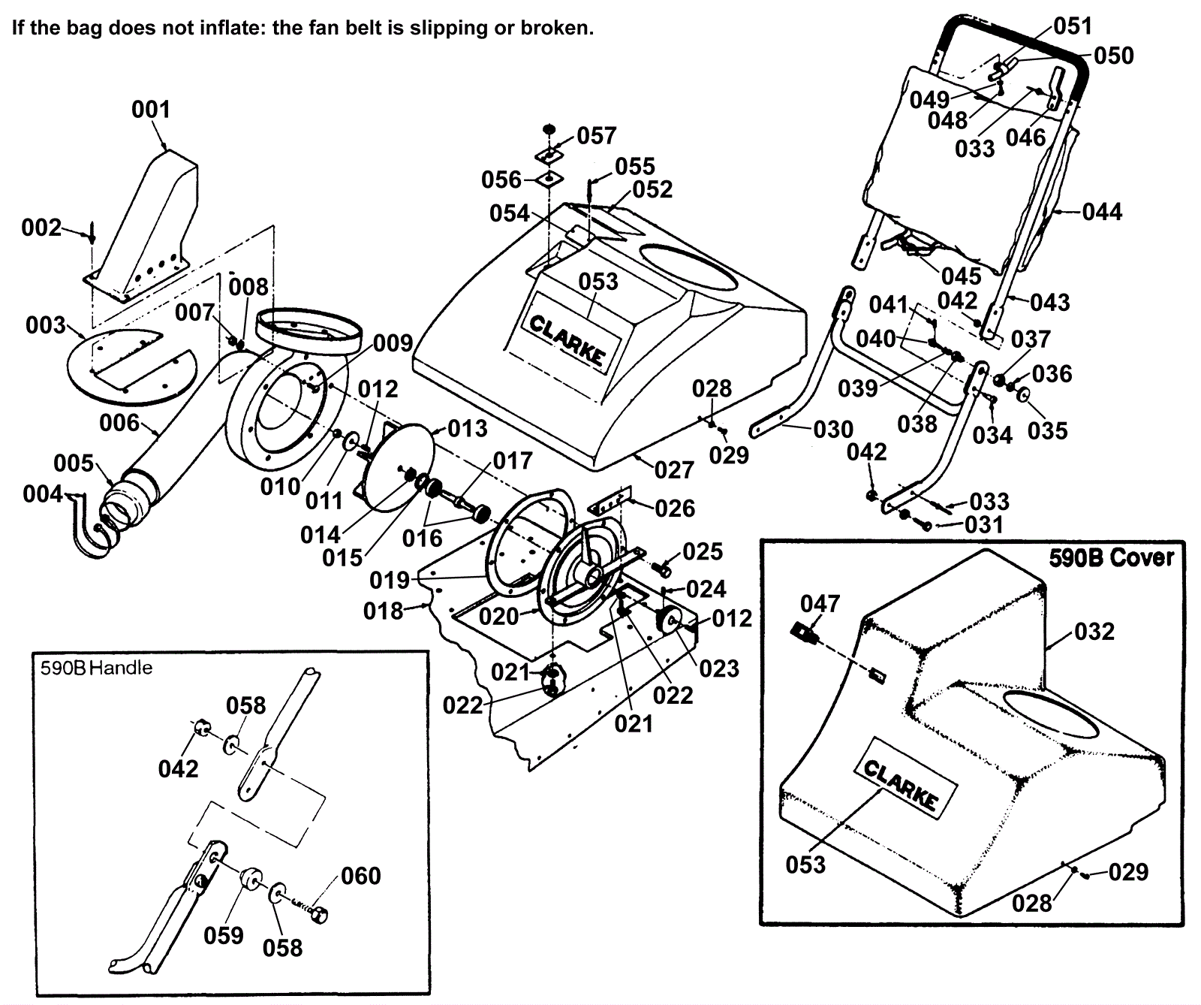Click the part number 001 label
pyautogui.click(x=151, y=110)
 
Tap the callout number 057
pyautogui.click(x=597, y=136)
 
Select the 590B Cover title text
pyautogui.click(x=1111, y=557)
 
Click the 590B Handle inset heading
pyautogui.click(x=96, y=668)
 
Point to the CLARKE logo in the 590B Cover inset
pyautogui.click(x=900, y=786)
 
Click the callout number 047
pyautogui.click(x=820, y=603)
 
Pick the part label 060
pyautogui.click(x=361, y=876)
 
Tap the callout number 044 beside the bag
pyautogui.click(x=1102, y=212)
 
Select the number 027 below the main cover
pyautogui.click(x=674, y=470)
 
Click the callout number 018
pyautogui.click(x=384, y=611)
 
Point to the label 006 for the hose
pyautogui.click(x=119, y=423)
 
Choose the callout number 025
pyautogui.click(x=703, y=551)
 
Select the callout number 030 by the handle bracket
pyautogui.click(x=833, y=430)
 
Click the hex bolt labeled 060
pyautogui.click(x=318, y=914)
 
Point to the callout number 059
pyautogui.click(x=224, y=935)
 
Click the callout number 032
pyautogui.click(x=1094, y=632)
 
